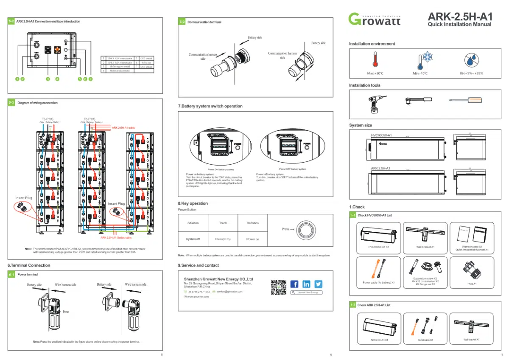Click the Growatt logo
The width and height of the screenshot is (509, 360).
(374, 19)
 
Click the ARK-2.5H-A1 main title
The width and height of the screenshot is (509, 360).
(460, 17)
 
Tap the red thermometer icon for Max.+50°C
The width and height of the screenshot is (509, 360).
(375, 60)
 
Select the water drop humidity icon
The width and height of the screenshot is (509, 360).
(471, 60)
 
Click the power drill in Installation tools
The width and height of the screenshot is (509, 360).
(375, 103)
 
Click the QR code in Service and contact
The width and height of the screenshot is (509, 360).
(278, 287)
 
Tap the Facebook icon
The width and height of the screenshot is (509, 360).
(294, 284)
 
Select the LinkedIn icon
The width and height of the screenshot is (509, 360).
(306, 284)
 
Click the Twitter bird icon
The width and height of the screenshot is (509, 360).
(318, 284)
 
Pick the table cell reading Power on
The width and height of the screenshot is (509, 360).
(252, 239)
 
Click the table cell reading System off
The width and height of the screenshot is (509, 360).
(193, 239)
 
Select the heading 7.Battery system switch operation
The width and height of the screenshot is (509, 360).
(210, 106)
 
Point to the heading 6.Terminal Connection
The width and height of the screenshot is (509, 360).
(29, 265)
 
